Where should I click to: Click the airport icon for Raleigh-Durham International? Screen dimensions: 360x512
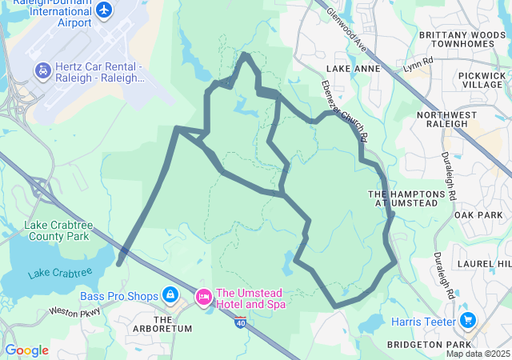tap(103, 10)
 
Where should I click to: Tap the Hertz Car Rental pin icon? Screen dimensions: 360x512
tap(41, 72)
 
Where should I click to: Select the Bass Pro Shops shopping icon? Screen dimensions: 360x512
tap(170, 296)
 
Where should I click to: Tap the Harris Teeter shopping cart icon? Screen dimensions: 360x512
tap(468, 322)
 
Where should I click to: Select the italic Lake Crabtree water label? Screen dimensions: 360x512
tap(60, 274)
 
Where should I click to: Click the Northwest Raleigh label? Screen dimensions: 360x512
tap(442, 119)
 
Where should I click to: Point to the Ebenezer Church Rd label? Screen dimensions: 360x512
tap(343, 112)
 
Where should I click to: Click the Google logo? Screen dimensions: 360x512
tap(26, 350)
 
